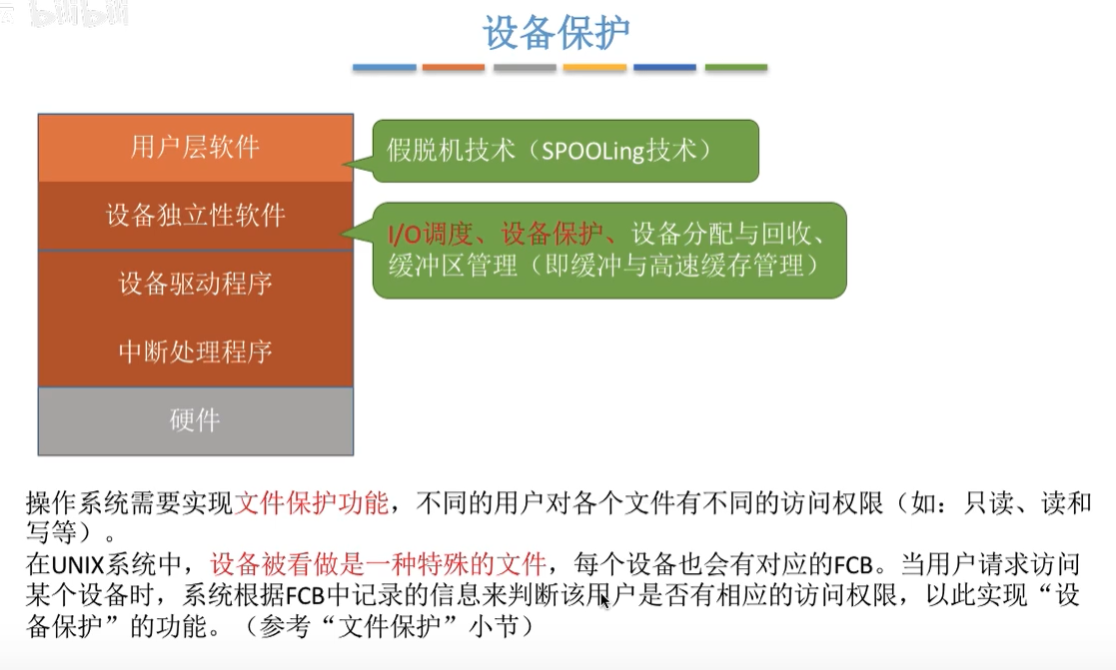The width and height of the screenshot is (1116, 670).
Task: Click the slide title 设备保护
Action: click(x=557, y=32)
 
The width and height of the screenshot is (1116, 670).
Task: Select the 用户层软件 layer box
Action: click(x=195, y=148)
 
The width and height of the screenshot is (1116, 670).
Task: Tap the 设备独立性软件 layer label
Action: click(x=195, y=215)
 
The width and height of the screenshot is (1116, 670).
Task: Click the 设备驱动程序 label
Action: click(x=195, y=284)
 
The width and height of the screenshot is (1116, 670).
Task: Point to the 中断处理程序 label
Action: click(x=195, y=351)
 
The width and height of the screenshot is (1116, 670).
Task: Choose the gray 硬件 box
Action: click(x=195, y=420)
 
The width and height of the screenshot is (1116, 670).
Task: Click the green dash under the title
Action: click(x=736, y=68)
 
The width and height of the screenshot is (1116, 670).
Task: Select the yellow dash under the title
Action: click(x=594, y=68)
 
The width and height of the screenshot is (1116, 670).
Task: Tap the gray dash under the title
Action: click(x=525, y=68)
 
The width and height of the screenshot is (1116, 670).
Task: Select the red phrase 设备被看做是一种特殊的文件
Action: click(x=379, y=563)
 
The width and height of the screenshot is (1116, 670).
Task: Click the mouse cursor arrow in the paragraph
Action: click(x=604, y=601)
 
